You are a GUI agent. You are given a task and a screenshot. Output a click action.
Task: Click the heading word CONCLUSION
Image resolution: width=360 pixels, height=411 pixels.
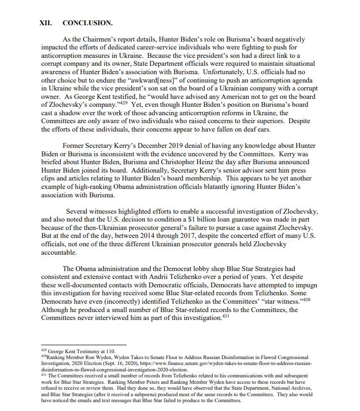(88, 23)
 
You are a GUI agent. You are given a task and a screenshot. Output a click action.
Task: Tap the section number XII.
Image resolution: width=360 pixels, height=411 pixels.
(46, 23)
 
